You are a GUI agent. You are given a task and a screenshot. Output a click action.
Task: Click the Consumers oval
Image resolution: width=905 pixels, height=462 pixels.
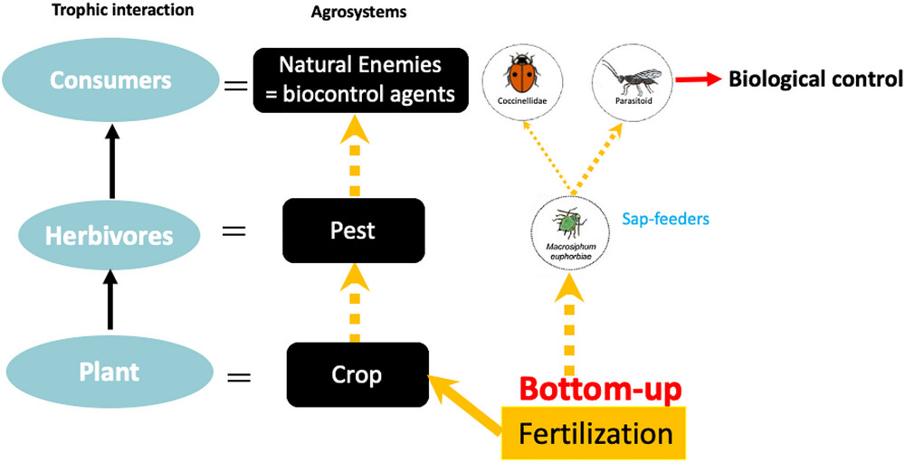110,80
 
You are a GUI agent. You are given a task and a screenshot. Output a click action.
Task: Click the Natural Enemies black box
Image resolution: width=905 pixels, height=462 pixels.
359,80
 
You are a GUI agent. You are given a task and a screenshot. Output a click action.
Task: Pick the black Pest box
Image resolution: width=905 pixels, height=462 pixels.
354,231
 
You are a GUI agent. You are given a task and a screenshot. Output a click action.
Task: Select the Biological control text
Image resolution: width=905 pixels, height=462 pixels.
815,80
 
